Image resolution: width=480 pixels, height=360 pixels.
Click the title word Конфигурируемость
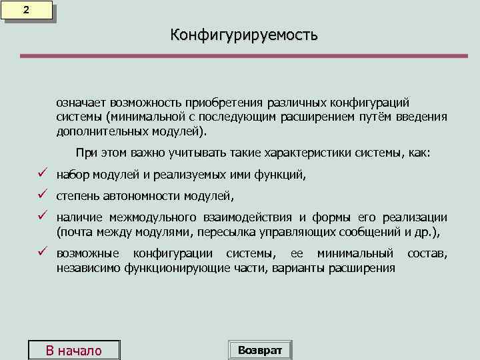244,34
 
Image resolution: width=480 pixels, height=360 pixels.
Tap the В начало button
73,351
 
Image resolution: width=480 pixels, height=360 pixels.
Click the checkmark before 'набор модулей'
41,175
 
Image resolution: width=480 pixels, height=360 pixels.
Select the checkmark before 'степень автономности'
41,195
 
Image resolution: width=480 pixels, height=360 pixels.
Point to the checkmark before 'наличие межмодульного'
41,217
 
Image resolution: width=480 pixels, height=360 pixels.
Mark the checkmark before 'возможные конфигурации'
41,253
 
